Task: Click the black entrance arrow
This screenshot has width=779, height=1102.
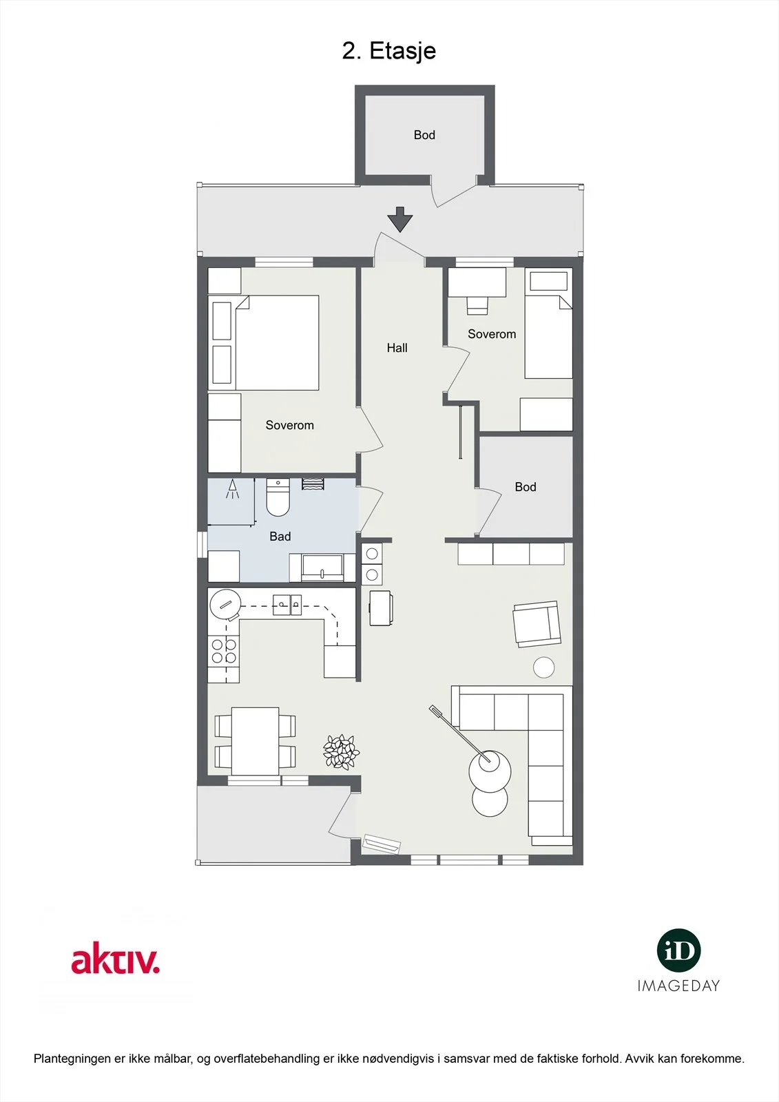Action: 400,220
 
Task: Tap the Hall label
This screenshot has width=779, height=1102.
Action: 397,348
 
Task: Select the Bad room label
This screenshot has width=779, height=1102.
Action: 280,537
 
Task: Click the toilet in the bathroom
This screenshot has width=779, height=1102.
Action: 278,497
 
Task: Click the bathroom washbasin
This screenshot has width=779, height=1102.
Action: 322,568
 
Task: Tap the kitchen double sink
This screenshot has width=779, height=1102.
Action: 287,605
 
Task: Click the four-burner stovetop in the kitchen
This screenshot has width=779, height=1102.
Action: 224,651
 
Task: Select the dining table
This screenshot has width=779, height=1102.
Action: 256,741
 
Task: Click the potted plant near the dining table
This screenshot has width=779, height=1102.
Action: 341,751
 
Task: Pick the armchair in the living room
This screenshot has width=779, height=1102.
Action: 537,624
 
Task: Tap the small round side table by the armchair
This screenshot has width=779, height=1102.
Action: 543,667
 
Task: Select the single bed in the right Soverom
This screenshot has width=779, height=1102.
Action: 548,323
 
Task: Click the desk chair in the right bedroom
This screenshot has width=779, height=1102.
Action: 477,306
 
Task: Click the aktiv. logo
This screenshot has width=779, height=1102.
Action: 116,957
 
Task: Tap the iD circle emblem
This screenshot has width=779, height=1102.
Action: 678,950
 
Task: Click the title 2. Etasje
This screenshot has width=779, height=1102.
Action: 388,51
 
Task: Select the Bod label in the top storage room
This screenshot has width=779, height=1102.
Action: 424,135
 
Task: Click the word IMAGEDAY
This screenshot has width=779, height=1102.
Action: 678,986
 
